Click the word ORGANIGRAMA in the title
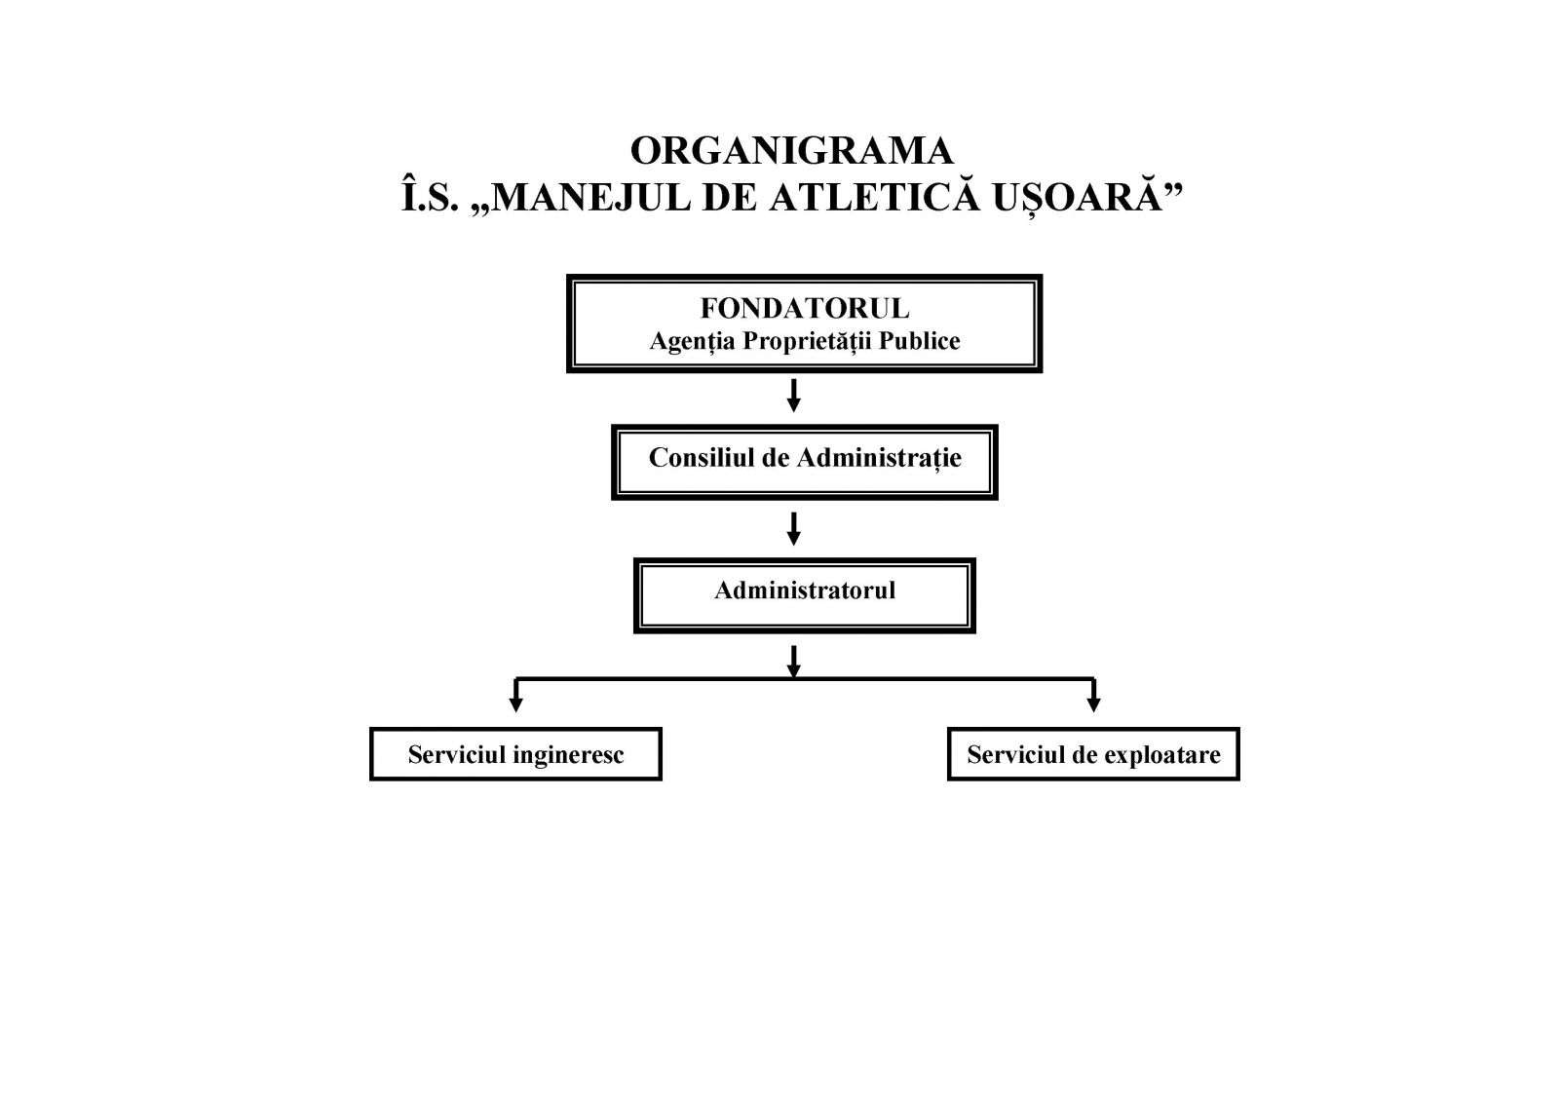pos(792,151)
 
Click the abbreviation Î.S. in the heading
pos(430,198)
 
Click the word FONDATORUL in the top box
pos(805,309)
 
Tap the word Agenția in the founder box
pos(692,341)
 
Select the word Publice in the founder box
pos(920,341)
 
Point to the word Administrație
pos(880,458)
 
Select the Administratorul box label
pos(805,590)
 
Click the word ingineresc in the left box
pos(568,755)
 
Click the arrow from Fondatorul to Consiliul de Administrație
pos(794,396)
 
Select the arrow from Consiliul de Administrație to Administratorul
pos(794,528)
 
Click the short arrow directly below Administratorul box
pos(794,660)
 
